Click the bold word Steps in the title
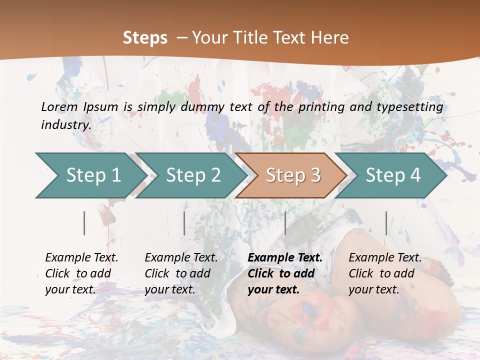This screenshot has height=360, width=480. tap(145, 37)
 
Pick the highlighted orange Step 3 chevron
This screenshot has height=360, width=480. tap(293, 175)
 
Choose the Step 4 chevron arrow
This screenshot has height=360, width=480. tap(393, 175)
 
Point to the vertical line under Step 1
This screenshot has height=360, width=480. tap(84, 223)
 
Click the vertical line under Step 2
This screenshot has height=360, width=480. tap(184, 223)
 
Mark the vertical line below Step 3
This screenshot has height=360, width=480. tap(285, 223)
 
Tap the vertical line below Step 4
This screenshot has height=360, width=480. tap(386, 223)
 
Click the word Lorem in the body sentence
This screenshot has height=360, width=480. tap(59, 106)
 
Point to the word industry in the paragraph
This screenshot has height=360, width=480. tap(65, 124)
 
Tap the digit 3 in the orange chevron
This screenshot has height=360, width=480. tap(314, 175)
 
